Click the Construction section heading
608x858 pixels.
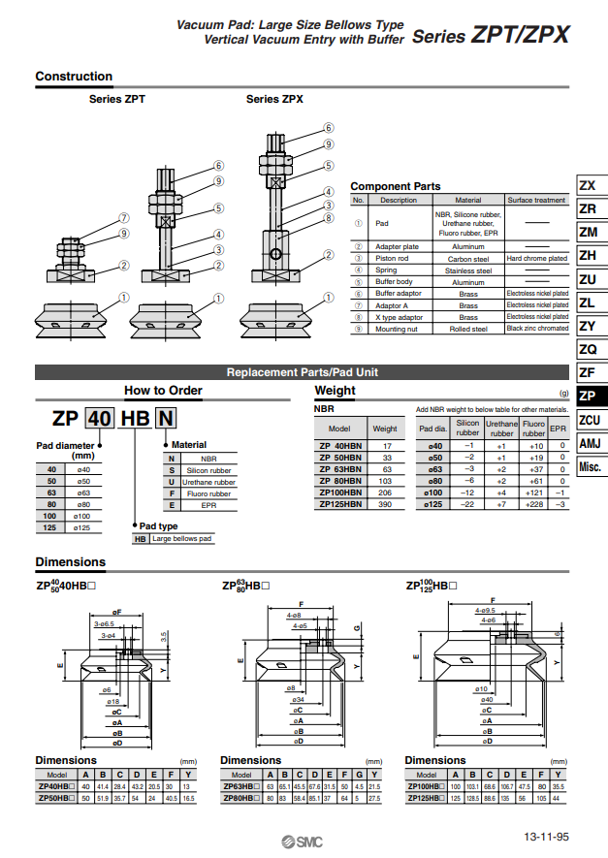point(74,77)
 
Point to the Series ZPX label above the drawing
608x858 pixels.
point(274,99)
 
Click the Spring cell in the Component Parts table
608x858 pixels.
point(398,270)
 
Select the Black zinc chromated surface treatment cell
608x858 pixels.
point(537,329)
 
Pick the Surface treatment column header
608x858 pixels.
point(537,200)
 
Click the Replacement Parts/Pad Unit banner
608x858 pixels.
point(302,372)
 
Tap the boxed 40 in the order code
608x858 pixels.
point(100,419)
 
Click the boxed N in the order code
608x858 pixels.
point(167,419)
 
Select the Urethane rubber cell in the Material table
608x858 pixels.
point(208,482)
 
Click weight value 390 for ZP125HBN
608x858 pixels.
point(385,504)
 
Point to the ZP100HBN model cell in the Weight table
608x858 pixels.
point(339,493)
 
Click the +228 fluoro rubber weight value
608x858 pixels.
point(533,504)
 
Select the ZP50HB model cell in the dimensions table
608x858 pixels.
point(56,798)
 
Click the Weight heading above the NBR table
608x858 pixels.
point(336,391)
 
